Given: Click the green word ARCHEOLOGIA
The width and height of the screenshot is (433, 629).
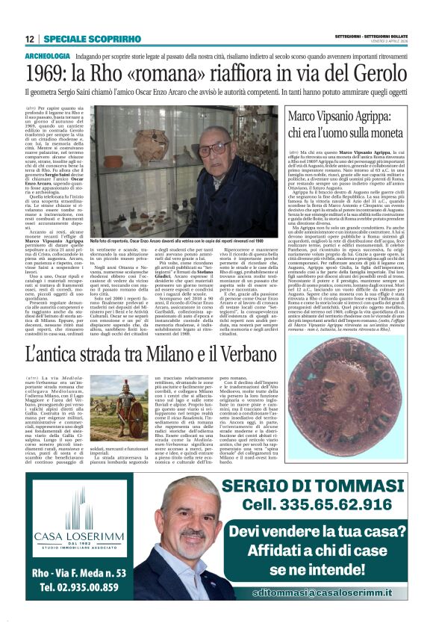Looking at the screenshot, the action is tap(46, 55).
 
